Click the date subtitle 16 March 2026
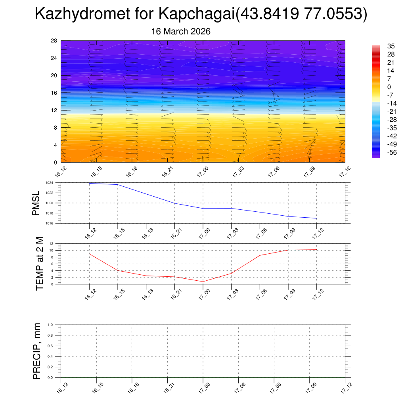click(181, 31)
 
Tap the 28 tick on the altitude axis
click(54, 41)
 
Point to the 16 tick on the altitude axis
click(54, 93)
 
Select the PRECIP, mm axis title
click(37, 351)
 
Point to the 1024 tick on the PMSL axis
click(49, 183)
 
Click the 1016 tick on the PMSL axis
click(49, 223)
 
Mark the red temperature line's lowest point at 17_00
click(203, 282)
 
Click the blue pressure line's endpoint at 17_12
click(316, 218)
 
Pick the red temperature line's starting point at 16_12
click(90, 254)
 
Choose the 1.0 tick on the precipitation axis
click(50, 325)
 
